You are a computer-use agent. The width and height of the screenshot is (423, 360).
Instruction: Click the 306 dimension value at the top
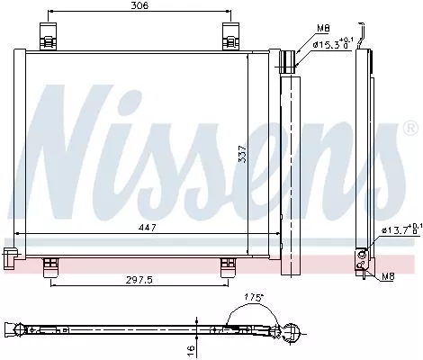(138, 6)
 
